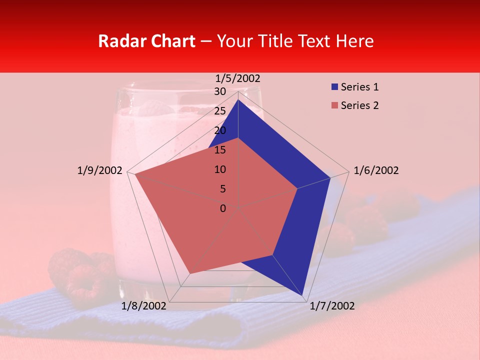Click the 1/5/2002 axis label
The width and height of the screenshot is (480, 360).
pos(237,78)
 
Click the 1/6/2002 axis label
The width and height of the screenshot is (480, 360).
pos(376,170)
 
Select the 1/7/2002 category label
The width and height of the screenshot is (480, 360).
pos(332,306)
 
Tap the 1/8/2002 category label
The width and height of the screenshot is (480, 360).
pos(144,306)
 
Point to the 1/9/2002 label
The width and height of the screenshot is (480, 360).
pos(99,170)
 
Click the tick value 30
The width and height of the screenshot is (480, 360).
pos(219,91)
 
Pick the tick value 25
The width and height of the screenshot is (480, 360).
pos(219,111)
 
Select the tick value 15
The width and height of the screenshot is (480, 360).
pos(219,150)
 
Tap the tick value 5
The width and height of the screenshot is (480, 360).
pos(222,189)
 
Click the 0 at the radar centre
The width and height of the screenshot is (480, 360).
pos(223,208)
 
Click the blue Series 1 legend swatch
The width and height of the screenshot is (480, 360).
pos(335,87)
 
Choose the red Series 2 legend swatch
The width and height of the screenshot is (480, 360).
pos(335,105)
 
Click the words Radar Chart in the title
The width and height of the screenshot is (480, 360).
pos(146,41)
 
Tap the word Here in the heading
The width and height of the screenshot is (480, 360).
pos(355,41)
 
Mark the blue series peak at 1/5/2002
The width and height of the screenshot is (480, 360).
pos(238,99)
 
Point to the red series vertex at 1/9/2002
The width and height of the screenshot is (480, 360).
pos(134,174)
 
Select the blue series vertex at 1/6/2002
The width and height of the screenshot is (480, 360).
pos(330,177)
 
